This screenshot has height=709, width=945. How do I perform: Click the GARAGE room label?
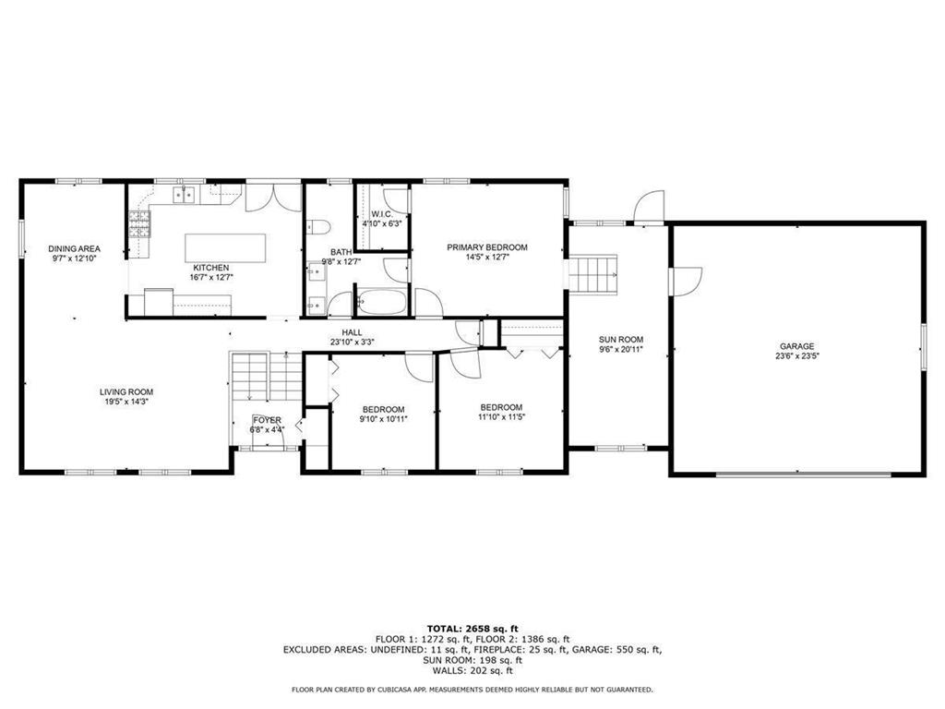pyautogui.click(x=795, y=346)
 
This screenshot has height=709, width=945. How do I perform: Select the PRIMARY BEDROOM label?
pyautogui.click(x=487, y=246)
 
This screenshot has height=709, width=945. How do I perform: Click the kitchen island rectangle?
pyautogui.click(x=225, y=247)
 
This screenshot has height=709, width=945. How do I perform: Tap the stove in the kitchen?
pyautogui.click(x=138, y=224)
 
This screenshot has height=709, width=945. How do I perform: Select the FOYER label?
pyautogui.click(x=268, y=420)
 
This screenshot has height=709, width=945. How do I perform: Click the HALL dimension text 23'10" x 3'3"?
pyautogui.click(x=353, y=342)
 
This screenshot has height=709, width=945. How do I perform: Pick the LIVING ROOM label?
pyautogui.click(x=126, y=391)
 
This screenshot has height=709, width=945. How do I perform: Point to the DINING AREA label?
pyautogui.click(x=75, y=248)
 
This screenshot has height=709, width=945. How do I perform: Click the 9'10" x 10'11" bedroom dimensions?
pyautogui.click(x=383, y=418)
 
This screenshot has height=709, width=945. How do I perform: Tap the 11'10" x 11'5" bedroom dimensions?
pyautogui.click(x=501, y=416)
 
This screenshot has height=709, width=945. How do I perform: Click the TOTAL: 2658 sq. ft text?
pyautogui.click(x=472, y=627)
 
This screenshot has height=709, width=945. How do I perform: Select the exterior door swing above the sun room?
pyautogui.click(x=649, y=206)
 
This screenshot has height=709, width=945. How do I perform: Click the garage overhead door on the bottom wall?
pyautogui.click(x=803, y=475)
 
